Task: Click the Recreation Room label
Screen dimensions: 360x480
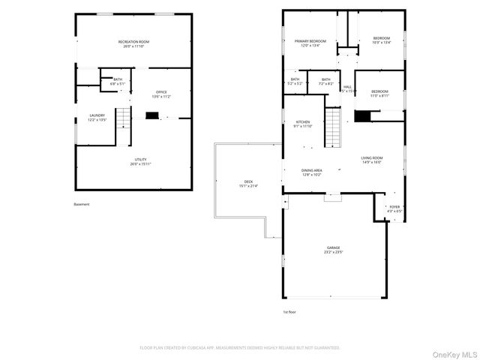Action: pyautogui.click(x=133, y=43)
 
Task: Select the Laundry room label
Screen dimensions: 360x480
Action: pyautogui.click(x=97, y=117)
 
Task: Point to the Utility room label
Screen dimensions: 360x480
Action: pyautogui.click(x=140, y=161)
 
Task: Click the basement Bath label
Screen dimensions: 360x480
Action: pyautogui.click(x=118, y=82)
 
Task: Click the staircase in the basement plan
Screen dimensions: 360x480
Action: pyautogui.click(x=123, y=125)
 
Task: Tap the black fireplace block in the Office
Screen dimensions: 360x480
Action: pyautogui.click(x=152, y=115)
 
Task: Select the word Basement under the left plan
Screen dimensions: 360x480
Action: pyautogui.click(x=82, y=204)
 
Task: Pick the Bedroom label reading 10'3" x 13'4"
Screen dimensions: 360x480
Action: pyautogui.click(x=382, y=40)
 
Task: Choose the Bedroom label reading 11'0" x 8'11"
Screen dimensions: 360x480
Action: pyautogui.click(x=379, y=93)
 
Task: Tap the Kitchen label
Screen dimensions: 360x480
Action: pyautogui.click(x=303, y=124)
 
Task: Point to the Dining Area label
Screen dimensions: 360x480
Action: pyautogui.click(x=312, y=172)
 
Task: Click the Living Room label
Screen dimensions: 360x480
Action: pyautogui.click(x=371, y=160)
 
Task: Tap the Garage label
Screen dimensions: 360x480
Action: pyautogui.click(x=333, y=250)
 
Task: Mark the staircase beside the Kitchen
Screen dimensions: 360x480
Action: pyautogui.click(x=334, y=127)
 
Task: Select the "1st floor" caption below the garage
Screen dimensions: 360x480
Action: pyautogui.click(x=289, y=311)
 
